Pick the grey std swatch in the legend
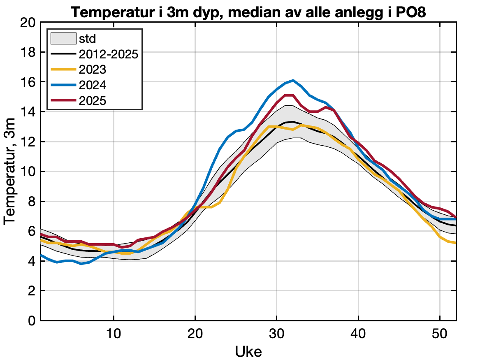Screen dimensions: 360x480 click(x=63, y=39)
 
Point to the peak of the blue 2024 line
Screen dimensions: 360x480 click(x=293, y=80)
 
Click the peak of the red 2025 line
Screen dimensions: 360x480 click(x=289, y=95)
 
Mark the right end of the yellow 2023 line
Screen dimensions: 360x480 click(x=456, y=243)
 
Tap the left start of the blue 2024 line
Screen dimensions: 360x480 click(x=41, y=255)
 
